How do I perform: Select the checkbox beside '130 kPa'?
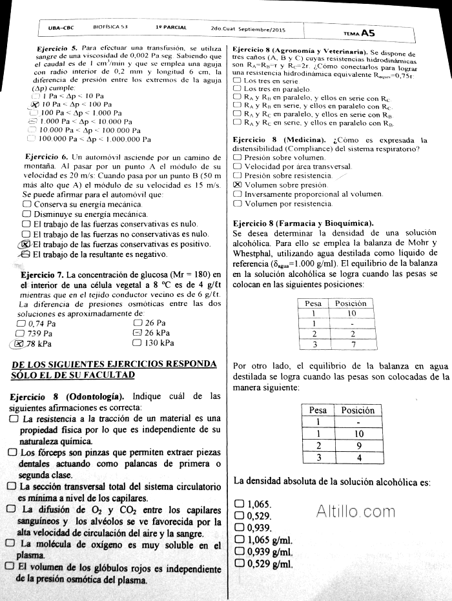coord(138,343)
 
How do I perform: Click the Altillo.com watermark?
coord(356,513)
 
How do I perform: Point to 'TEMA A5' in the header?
coord(360,32)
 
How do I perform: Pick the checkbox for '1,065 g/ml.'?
coord(240,540)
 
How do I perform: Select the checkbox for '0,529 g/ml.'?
coord(240,564)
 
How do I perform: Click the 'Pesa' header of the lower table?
coord(318,410)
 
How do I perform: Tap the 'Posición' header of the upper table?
coord(351,303)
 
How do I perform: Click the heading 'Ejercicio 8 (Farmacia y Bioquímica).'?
coord(303,223)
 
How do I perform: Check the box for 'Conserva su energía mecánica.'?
coord(26,204)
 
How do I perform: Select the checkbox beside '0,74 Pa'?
coord(21,323)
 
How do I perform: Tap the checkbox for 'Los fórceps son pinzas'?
coord(12,453)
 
